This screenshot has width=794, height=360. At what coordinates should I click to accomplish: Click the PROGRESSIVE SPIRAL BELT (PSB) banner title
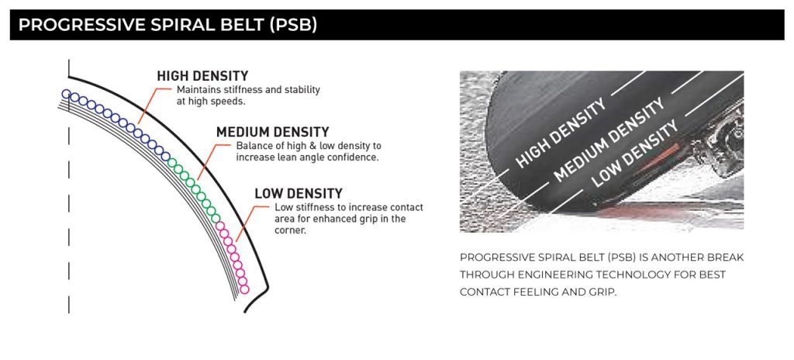click(167, 25)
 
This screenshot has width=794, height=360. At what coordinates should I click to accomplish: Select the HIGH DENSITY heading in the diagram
click(202, 77)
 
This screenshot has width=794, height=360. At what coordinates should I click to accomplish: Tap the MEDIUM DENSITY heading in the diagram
click(272, 133)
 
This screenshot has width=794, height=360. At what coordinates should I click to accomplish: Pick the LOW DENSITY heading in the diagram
click(299, 194)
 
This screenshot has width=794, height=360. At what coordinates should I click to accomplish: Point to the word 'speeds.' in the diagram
click(231, 101)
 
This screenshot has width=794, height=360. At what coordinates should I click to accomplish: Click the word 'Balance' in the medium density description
click(251, 146)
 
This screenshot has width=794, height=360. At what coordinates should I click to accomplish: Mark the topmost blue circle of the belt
click(67, 94)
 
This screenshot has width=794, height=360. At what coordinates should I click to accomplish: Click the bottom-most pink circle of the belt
click(244, 289)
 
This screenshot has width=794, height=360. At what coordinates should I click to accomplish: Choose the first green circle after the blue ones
click(173, 163)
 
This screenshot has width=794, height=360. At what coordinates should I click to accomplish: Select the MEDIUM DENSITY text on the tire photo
click(609, 140)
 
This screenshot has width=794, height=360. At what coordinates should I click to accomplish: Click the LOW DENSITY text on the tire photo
click(635, 153)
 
